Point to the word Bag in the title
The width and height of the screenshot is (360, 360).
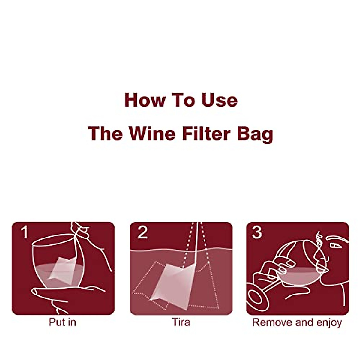click(255, 134)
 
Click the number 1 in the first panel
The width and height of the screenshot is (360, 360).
click(25, 232)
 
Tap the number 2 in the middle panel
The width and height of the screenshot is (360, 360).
click(142, 232)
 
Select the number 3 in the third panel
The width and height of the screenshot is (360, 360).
click(257, 232)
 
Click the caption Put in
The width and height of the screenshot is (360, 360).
click(62, 322)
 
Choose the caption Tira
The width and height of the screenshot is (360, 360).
click(181, 322)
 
